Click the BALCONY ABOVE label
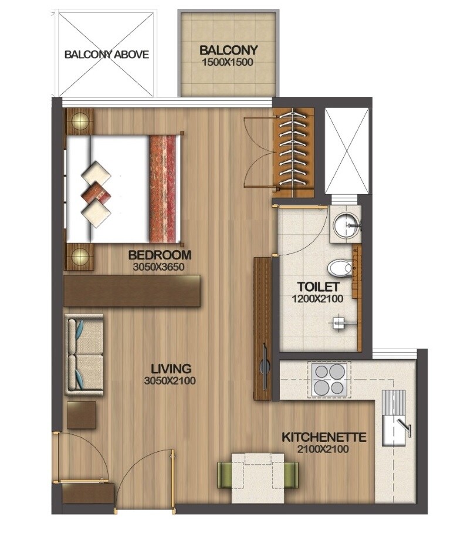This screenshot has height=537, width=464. tap(106, 55)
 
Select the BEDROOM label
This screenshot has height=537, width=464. tap(160, 255)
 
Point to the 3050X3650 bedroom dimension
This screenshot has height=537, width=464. tap(160, 266)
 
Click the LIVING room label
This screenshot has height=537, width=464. tap(171, 369)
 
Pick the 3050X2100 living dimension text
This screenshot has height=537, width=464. tap(171, 381)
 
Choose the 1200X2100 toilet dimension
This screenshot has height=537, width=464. tap(318, 298)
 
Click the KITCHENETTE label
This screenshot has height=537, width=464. tap(324, 437)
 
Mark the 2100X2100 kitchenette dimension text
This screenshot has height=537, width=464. tap(324, 449)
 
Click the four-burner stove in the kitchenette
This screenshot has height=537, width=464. tap(330, 379)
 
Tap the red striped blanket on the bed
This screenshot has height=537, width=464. tap(164, 188)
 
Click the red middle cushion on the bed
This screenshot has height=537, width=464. tap(96, 192)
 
